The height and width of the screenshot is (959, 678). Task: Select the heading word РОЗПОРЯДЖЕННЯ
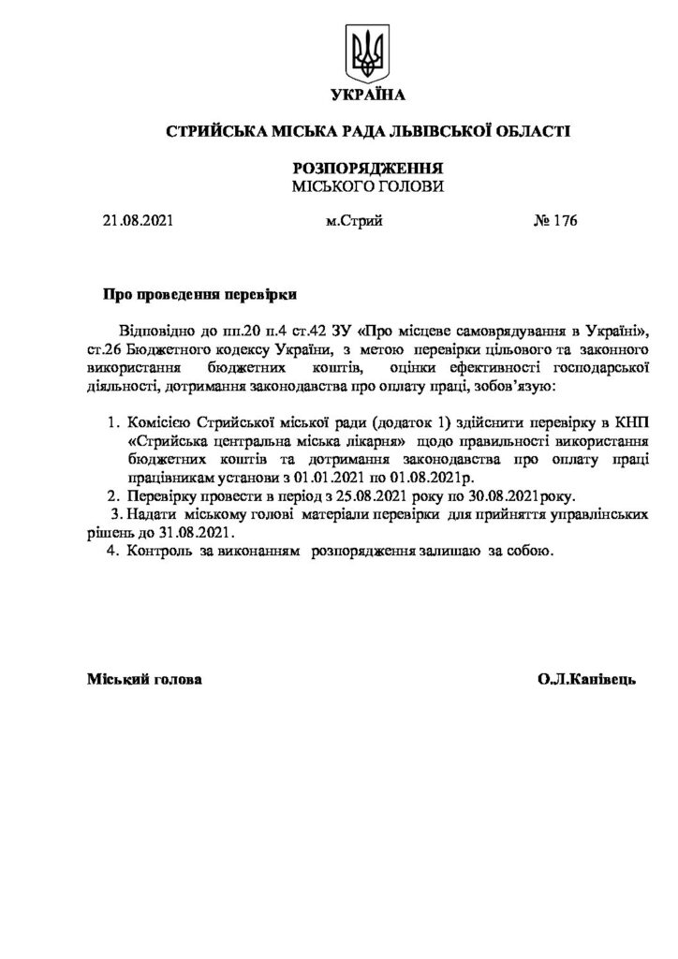[367, 168]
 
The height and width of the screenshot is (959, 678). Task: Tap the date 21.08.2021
[138, 222]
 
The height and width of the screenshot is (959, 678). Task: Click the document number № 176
[555, 222]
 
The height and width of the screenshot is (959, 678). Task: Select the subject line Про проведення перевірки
[199, 294]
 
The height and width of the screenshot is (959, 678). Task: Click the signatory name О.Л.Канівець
[587, 678]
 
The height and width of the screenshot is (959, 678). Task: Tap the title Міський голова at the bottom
[143, 678]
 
